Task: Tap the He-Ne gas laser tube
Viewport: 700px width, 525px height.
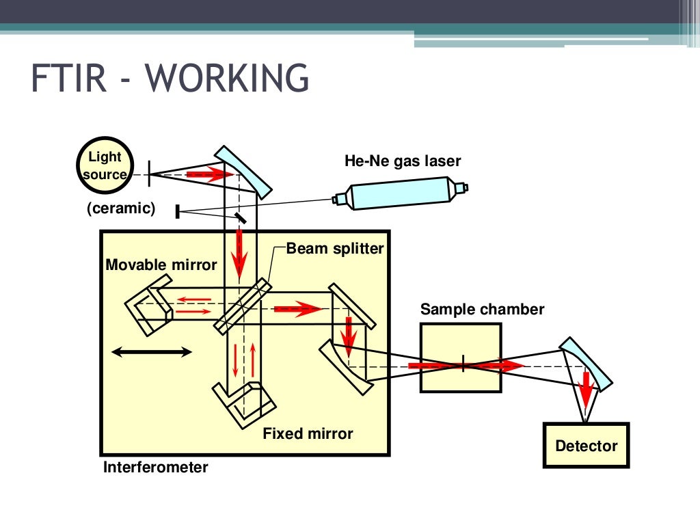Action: point(401,193)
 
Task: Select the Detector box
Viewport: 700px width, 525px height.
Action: point(586,445)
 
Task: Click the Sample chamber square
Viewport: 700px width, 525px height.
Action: point(461,358)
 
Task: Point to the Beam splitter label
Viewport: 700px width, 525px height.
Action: point(335,248)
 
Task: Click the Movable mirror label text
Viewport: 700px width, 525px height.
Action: point(161,265)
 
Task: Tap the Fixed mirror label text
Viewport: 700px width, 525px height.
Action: point(308,433)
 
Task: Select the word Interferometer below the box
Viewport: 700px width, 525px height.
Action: point(155,467)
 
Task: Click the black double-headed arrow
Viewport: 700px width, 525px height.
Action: point(151,352)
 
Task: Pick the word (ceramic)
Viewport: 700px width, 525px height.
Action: point(121,208)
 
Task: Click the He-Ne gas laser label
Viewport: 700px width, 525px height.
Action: point(402,161)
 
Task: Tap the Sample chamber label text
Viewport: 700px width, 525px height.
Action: point(482,309)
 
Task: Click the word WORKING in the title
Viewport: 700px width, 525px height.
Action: point(227,78)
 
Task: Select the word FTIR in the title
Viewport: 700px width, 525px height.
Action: point(69,78)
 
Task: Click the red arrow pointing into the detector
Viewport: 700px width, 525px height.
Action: point(586,389)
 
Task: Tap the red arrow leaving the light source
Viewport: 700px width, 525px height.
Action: point(210,174)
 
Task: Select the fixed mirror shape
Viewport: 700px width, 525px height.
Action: point(244,405)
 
